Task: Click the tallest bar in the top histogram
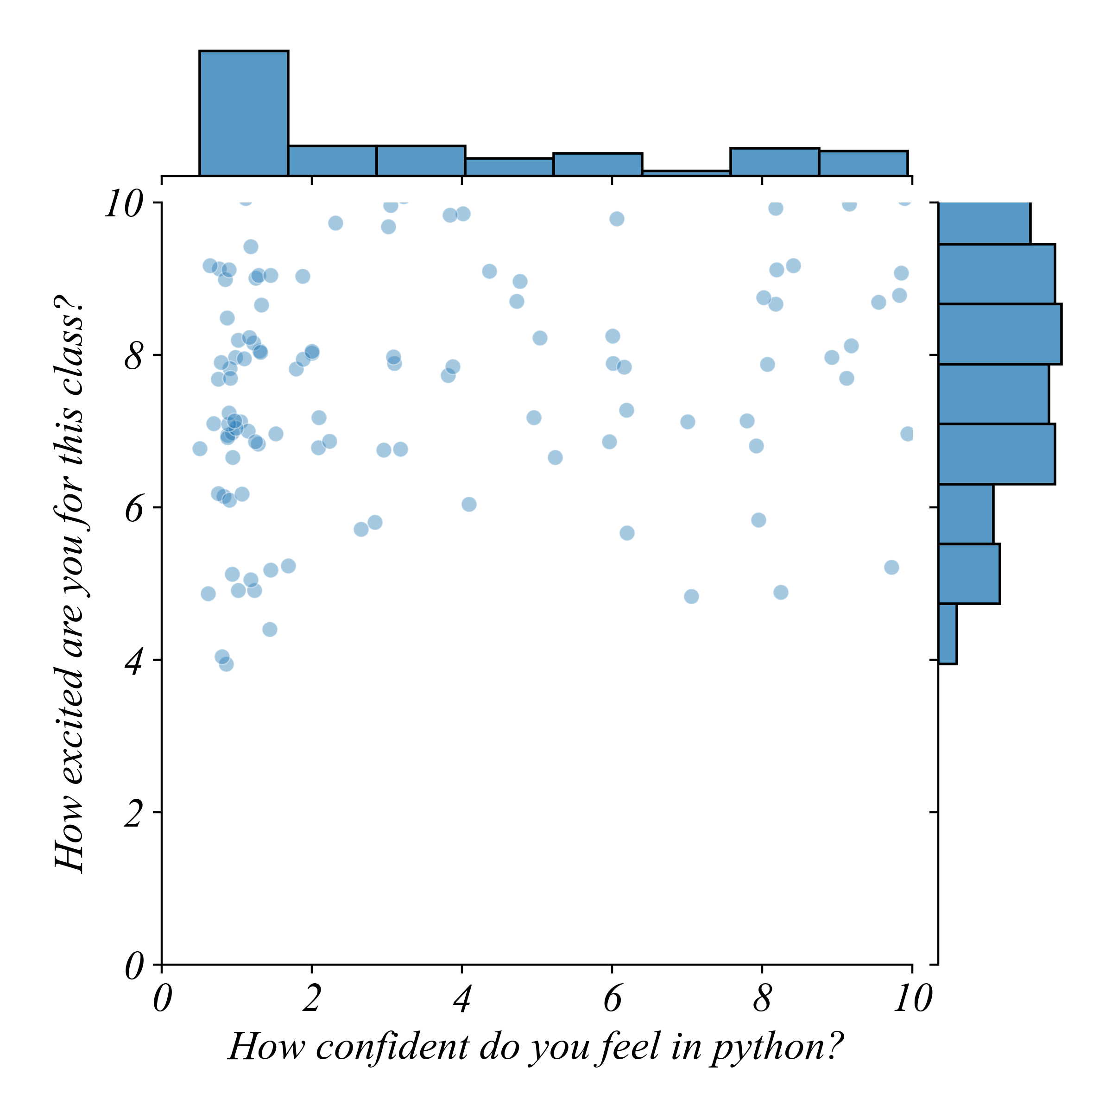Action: click(x=243, y=114)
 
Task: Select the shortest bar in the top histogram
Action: click(x=686, y=173)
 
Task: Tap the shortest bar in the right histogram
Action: click(x=948, y=634)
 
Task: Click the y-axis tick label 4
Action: click(x=133, y=661)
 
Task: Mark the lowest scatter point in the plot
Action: click(x=226, y=664)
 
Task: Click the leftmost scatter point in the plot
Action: click(x=200, y=449)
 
